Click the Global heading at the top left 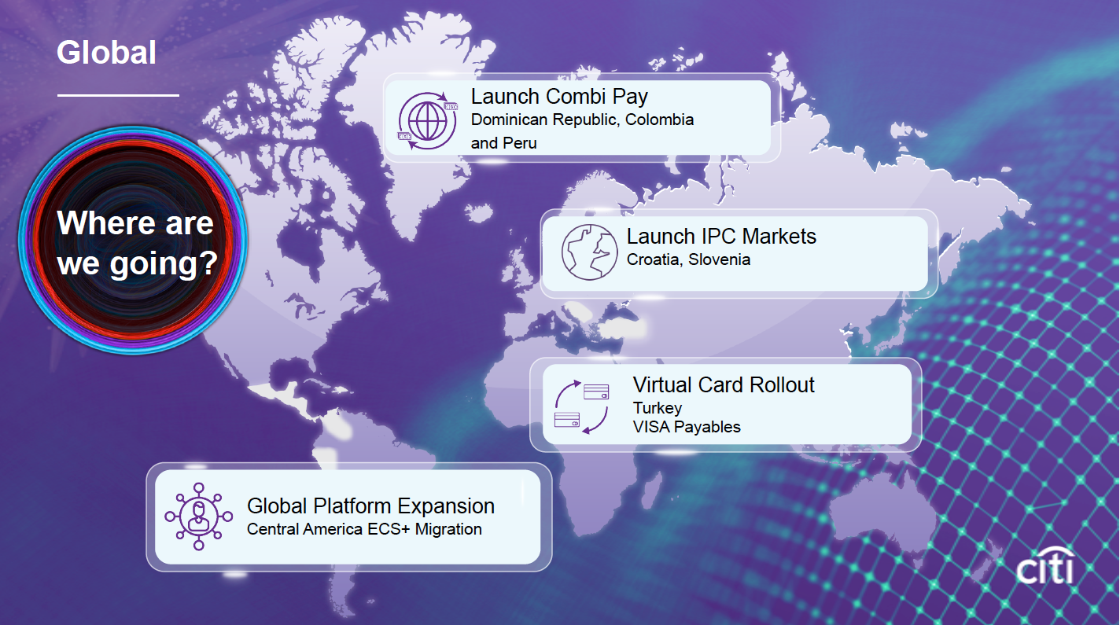(106, 53)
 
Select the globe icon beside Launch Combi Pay (428, 121)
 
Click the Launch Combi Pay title (559, 97)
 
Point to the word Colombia (659, 120)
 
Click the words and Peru (503, 143)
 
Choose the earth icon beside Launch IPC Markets (589, 252)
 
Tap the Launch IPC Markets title (721, 237)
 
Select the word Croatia (654, 259)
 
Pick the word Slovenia (719, 259)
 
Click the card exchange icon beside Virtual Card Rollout (581, 406)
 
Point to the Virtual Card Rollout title (724, 385)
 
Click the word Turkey (658, 408)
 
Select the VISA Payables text (687, 427)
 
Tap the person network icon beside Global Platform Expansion (198, 517)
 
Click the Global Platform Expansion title (370, 506)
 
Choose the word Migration (448, 529)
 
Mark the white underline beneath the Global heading (118, 95)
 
